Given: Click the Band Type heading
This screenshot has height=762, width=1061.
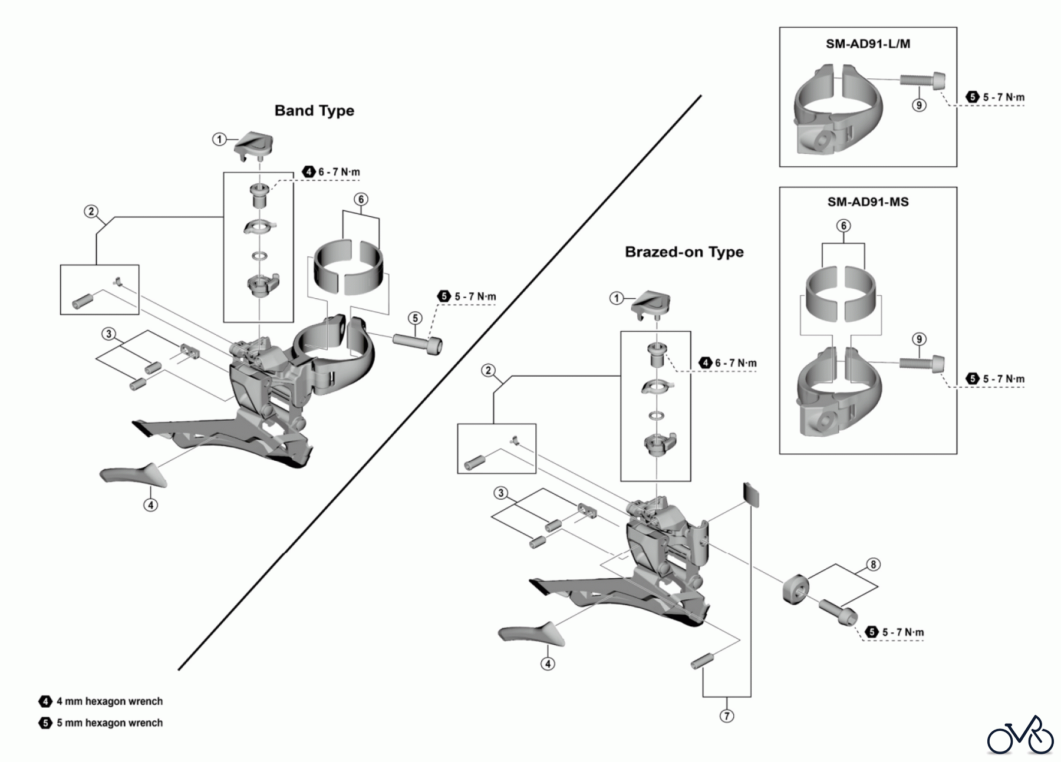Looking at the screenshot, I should point(314,111).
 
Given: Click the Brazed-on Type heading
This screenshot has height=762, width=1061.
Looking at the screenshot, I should point(684,252).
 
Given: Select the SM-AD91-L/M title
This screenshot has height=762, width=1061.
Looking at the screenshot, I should point(868,44).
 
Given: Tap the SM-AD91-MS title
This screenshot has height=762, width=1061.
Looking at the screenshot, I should point(868,202).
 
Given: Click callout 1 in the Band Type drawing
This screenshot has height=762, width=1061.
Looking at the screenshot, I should point(219,140).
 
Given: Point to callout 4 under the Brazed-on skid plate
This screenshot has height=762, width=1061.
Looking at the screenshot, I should point(548,664).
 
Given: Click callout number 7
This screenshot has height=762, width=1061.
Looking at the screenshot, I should point(727,716).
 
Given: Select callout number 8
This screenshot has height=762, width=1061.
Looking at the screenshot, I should point(873,565).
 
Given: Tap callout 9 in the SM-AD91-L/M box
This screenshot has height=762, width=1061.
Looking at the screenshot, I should point(919,105).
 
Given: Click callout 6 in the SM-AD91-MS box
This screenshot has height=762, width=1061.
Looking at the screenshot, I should point(843,226).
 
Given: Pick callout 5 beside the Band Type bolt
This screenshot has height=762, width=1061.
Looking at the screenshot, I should point(416,318).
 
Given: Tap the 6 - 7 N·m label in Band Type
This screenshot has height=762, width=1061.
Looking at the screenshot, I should point(339,172).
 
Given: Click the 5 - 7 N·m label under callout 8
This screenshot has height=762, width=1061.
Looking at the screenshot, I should point(902,632).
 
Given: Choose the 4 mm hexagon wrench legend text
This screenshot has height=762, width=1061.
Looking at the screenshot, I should point(109,701).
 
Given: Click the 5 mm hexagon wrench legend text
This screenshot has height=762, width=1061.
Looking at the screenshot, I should point(109,723).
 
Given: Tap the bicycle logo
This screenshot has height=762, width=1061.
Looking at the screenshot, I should point(1020,736).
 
